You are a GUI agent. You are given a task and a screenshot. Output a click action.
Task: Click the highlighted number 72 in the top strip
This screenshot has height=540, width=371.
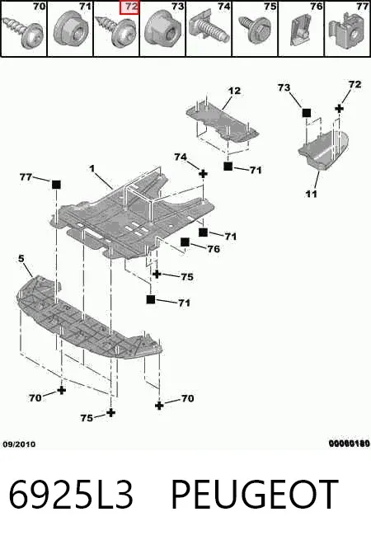click(x=129, y=7)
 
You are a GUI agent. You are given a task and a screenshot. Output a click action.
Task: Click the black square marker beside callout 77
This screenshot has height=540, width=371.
click(x=56, y=185)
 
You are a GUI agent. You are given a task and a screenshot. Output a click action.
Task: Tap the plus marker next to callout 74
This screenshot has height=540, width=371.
click(x=204, y=174)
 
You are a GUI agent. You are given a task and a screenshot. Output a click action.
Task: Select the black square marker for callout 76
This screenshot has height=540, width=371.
click(x=185, y=242)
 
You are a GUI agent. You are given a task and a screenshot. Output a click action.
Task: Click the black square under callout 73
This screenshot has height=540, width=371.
click(x=306, y=113)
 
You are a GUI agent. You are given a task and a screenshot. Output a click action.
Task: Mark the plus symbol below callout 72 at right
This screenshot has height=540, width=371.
click(x=340, y=109)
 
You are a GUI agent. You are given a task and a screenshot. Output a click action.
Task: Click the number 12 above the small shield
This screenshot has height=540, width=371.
click(x=234, y=91)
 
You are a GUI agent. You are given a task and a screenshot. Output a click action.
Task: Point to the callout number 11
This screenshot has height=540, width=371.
click(x=312, y=194)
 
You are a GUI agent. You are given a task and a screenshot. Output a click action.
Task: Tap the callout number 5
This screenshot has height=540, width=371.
click(x=21, y=258)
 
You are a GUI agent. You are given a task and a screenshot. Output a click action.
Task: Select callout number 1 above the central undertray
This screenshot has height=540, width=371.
click(x=92, y=169)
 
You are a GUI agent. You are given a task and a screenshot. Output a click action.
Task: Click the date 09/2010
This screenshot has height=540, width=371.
click(x=19, y=444)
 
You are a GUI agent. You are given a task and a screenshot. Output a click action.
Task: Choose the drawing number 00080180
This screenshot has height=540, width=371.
click(x=350, y=444)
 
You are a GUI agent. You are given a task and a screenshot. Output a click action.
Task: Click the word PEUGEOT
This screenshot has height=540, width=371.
click(x=255, y=494)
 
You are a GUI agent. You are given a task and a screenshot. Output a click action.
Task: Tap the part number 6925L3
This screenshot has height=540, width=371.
click(x=71, y=494)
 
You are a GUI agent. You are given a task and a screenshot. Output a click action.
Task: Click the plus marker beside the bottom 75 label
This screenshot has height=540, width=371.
click(x=110, y=412)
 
